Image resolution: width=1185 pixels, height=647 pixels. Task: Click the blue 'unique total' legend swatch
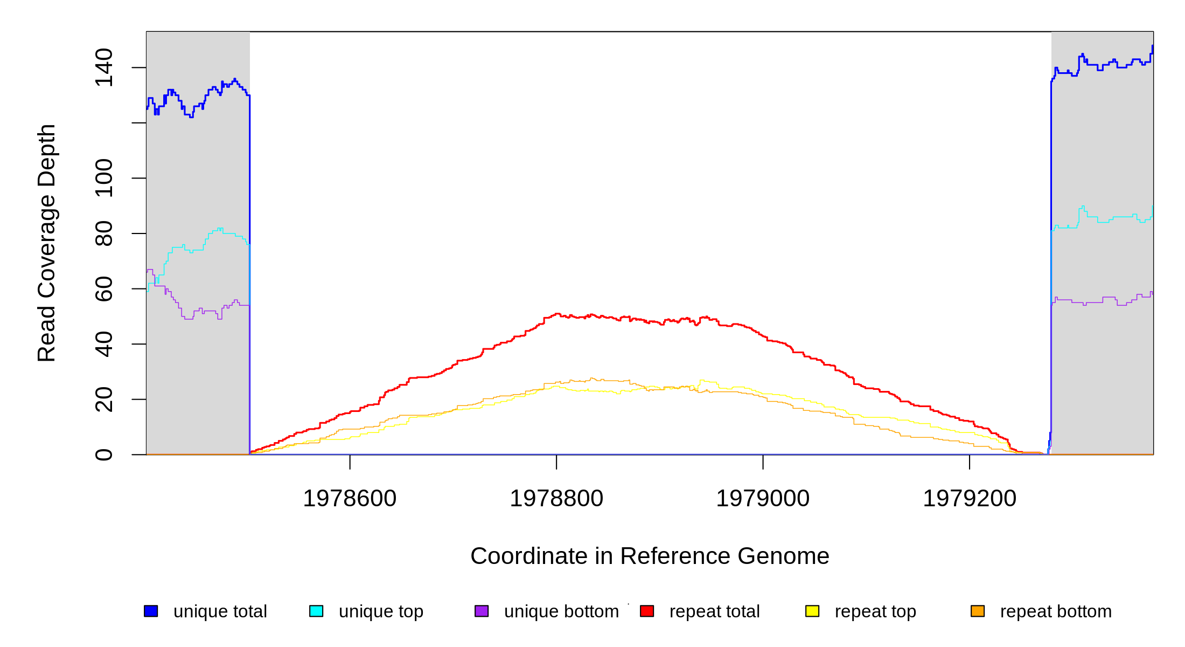(x=151, y=611)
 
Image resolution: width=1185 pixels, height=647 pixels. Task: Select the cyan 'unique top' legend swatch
(x=316, y=611)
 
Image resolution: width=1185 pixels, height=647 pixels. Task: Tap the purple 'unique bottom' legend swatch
(x=482, y=611)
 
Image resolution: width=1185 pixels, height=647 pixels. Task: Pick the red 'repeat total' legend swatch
(x=647, y=611)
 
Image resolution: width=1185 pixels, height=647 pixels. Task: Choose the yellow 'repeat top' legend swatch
(x=812, y=611)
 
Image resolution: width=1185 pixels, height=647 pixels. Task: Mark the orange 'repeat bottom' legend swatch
(x=978, y=611)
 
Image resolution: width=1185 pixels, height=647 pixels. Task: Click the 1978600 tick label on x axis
(x=350, y=499)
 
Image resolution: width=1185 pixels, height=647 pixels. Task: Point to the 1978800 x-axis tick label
(x=556, y=499)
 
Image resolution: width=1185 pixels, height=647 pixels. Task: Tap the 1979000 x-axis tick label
(x=763, y=499)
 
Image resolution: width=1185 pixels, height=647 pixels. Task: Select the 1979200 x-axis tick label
(x=970, y=499)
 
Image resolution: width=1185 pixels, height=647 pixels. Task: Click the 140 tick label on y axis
(x=104, y=67)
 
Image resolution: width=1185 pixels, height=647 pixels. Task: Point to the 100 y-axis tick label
(x=104, y=178)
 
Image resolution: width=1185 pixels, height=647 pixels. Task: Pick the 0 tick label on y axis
(x=104, y=455)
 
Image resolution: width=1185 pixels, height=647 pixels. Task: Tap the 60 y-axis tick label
(x=104, y=288)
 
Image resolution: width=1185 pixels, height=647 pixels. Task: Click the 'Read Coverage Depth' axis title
(x=47, y=243)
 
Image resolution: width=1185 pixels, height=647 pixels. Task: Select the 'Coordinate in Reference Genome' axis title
(x=650, y=556)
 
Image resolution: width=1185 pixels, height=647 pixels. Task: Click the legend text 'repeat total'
(x=714, y=611)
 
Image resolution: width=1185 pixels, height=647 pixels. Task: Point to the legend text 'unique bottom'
(x=561, y=611)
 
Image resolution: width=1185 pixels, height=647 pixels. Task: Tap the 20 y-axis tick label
(x=104, y=399)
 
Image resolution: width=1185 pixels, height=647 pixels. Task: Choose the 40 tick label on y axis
(x=104, y=344)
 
